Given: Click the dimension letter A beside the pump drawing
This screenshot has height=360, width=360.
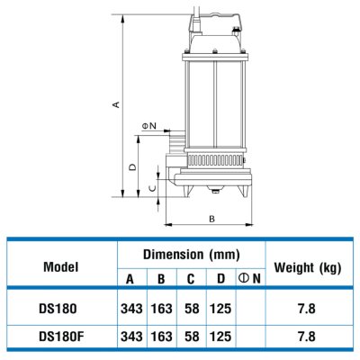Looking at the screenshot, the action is [x=116, y=104].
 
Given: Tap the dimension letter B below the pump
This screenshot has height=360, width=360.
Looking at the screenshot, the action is [x=211, y=219].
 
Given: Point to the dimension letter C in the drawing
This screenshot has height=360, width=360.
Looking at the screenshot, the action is [x=153, y=188].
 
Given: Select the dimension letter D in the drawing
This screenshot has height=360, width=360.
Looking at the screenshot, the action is [x=132, y=166].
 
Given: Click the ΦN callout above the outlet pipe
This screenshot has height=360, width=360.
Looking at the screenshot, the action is [x=149, y=126].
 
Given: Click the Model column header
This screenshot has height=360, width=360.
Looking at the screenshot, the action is [x=61, y=266].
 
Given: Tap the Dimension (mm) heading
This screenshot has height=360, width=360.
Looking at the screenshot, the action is [x=192, y=255].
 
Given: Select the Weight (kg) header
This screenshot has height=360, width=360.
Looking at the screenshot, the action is [x=308, y=267].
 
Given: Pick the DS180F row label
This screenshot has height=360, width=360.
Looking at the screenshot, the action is [x=61, y=337].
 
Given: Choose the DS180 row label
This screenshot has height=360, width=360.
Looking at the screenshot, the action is [x=58, y=309].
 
